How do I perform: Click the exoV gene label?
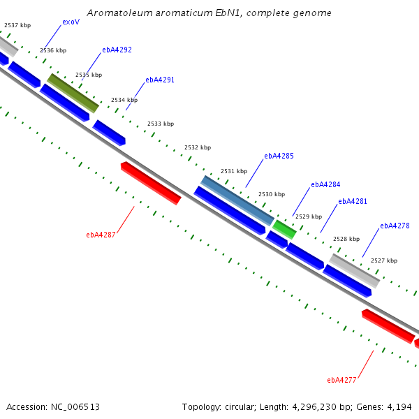point(71,22)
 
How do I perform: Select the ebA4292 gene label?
point(117,50)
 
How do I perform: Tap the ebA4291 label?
point(160,80)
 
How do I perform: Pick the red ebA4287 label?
point(101,235)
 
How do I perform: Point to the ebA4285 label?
point(279,156)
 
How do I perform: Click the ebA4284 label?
point(325,184)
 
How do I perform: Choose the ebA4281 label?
point(353,202)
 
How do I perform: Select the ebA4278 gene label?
point(395,226)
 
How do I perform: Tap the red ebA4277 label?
point(341,381)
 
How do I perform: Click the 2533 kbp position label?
point(161,124)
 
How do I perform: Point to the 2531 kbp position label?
point(234,171)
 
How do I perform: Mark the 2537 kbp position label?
point(17,25)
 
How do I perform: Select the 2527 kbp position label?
point(384,260)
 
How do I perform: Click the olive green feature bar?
point(73,93)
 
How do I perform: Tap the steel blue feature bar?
point(237,200)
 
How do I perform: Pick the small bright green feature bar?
point(284,230)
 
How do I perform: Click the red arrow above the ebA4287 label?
point(151,183)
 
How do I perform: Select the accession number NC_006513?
point(75,407)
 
